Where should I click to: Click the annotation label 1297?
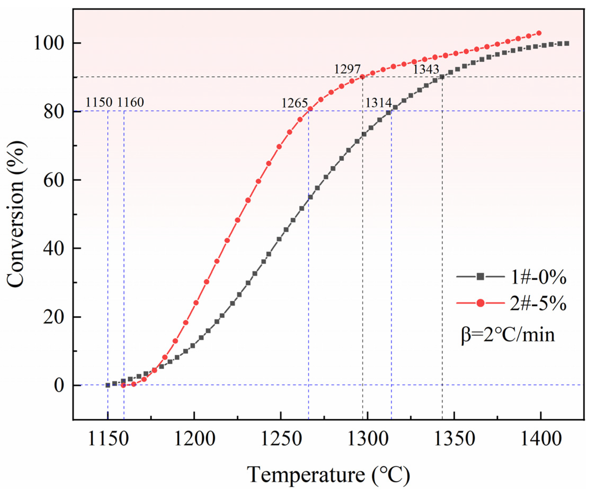pyautogui.click(x=347, y=69)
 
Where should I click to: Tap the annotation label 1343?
pyautogui.click(x=426, y=69)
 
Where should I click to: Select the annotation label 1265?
pyautogui.click(x=295, y=103)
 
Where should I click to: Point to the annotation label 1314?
pyautogui.click(x=378, y=103)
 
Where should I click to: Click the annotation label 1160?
pyautogui.click(x=130, y=102)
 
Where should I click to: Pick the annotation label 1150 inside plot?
pyautogui.click(x=99, y=102)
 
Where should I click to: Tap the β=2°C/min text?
pyautogui.click(x=508, y=335)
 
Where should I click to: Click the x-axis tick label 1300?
pyautogui.click(x=367, y=439)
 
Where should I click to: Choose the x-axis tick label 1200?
pyautogui.click(x=194, y=439)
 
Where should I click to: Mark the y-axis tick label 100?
pyautogui.click(x=48, y=43)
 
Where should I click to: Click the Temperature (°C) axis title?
pyautogui.click(x=328, y=475)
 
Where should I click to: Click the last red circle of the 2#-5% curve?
pyautogui.click(x=539, y=33)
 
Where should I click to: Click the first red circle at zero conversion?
pyautogui.click(x=123, y=385)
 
